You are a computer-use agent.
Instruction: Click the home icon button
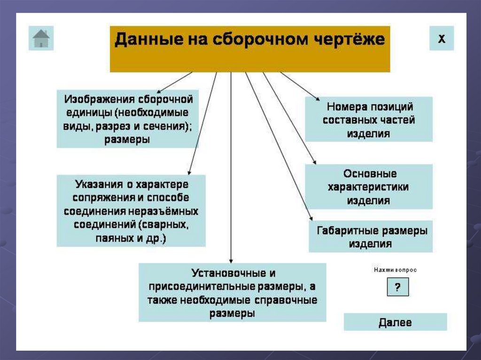tap(41, 38)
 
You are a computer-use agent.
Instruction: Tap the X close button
tap(442, 38)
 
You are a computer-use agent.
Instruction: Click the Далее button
tap(395, 322)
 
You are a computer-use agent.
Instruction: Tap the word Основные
tap(369, 174)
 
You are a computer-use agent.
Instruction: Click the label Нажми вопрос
tap(395, 270)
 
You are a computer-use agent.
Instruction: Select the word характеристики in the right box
tap(368, 187)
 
